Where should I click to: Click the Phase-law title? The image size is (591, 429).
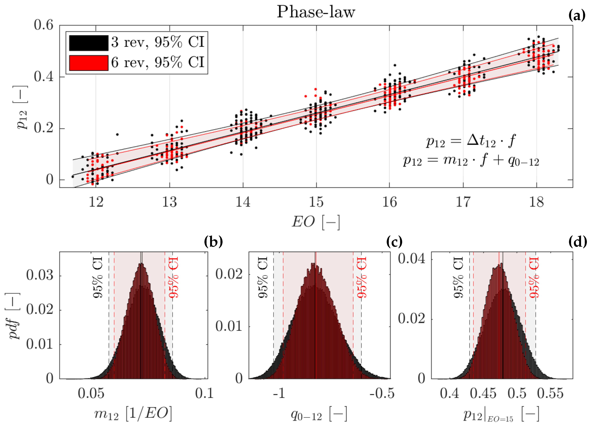click(x=316, y=12)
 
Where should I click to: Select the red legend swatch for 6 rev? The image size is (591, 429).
click(x=89, y=63)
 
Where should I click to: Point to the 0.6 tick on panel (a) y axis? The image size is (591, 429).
click(x=43, y=25)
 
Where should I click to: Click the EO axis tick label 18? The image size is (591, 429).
click(x=536, y=202)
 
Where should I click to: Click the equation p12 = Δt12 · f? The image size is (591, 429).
click(x=471, y=141)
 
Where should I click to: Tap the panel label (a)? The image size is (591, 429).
click(x=577, y=16)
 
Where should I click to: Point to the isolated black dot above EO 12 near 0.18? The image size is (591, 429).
click(x=117, y=135)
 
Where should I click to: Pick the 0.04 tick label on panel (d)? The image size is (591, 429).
click(x=411, y=259)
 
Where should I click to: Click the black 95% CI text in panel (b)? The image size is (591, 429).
click(x=98, y=277)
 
